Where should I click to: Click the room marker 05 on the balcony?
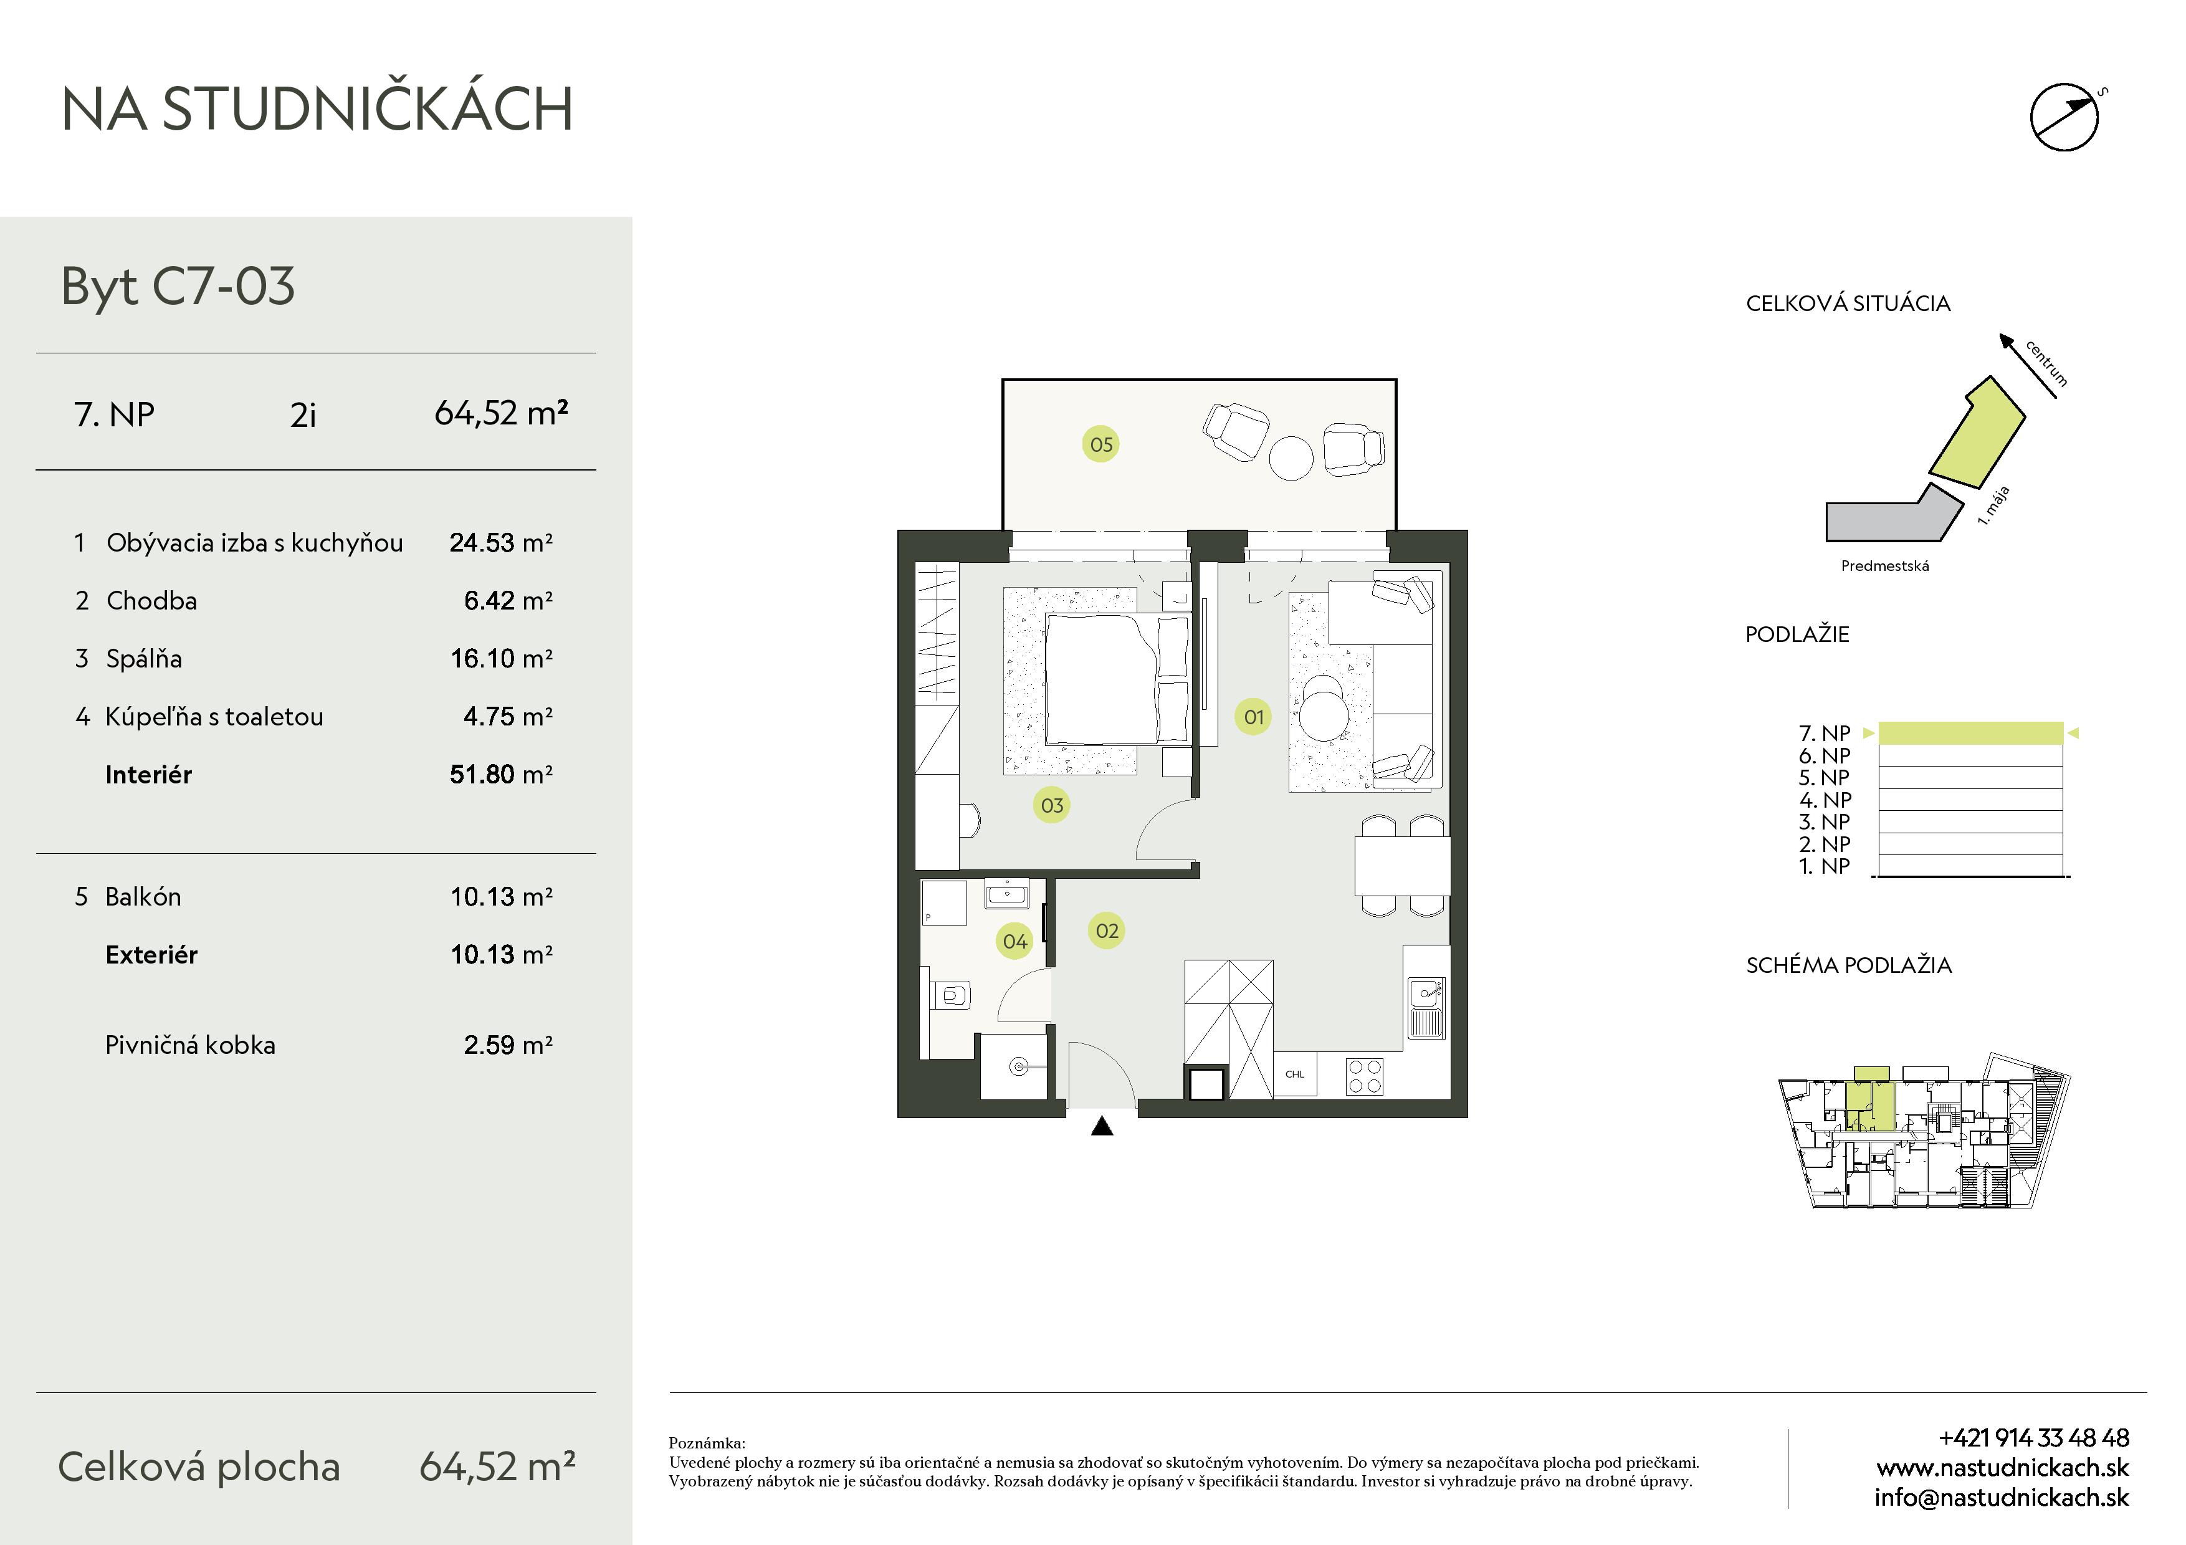[x=1100, y=444]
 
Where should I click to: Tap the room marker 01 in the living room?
[x=1254, y=717]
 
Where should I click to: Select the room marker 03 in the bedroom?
[x=1052, y=805]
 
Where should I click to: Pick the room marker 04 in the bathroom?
[x=1015, y=942]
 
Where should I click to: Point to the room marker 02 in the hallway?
[x=1106, y=931]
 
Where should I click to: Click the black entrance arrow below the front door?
[x=1102, y=1126]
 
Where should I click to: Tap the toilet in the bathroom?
[x=948, y=997]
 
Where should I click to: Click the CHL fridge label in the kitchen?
[x=1295, y=1074]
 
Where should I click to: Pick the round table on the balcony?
[x=1291, y=458]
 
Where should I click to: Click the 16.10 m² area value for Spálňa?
[x=501, y=659]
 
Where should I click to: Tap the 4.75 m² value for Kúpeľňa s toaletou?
[x=507, y=717]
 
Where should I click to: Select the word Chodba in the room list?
[x=151, y=601]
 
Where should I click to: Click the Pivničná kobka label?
[x=191, y=1045]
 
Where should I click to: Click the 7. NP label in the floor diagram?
[x=1824, y=733]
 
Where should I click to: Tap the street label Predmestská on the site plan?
[x=1885, y=567]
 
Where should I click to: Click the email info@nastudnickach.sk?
[x=2002, y=1498]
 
